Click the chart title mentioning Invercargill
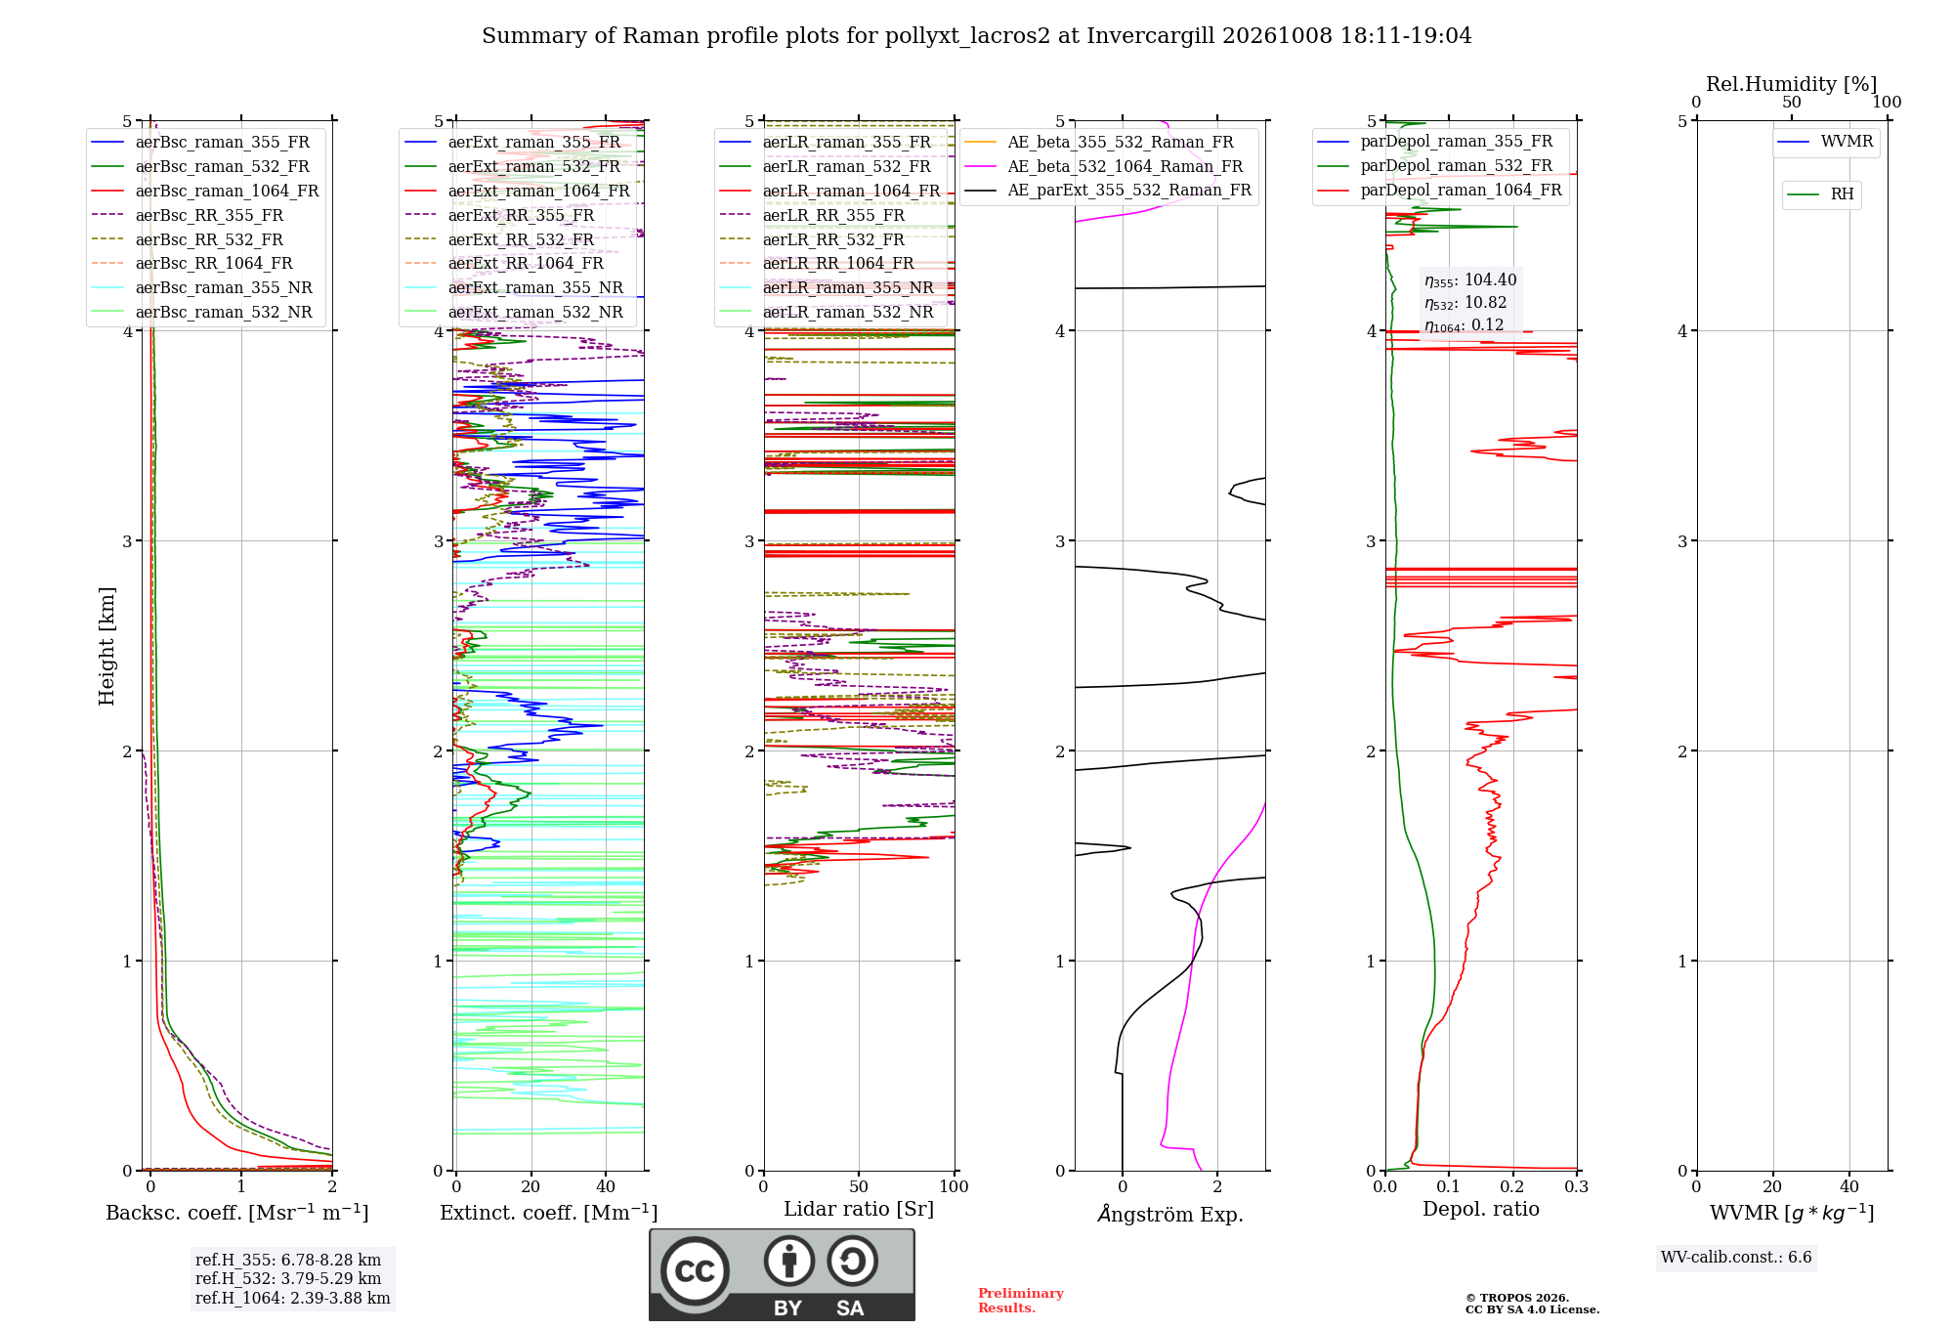click(976, 36)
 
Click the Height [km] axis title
click(106, 646)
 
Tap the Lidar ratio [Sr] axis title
click(859, 1209)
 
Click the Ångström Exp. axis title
click(1170, 1214)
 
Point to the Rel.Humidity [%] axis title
click(1792, 84)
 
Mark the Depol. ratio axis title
click(1481, 1209)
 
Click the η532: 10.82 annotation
click(1465, 303)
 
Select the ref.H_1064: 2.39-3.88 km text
click(292, 1299)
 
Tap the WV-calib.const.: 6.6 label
click(1736, 1258)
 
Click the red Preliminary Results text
click(1021, 1301)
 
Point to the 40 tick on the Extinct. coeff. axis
click(606, 1186)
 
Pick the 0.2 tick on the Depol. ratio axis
click(1512, 1186)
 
